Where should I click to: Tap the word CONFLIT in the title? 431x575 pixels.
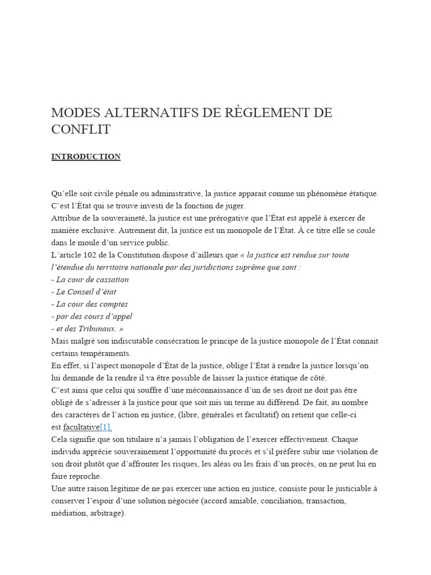[x=81, y=130]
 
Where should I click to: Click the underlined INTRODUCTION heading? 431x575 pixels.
[x=86, y=157]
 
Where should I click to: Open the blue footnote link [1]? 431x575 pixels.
[x=106, y=427]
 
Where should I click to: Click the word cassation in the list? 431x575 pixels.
[x=111, y=280]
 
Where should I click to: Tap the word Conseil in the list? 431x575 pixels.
[x=84, y=292]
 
